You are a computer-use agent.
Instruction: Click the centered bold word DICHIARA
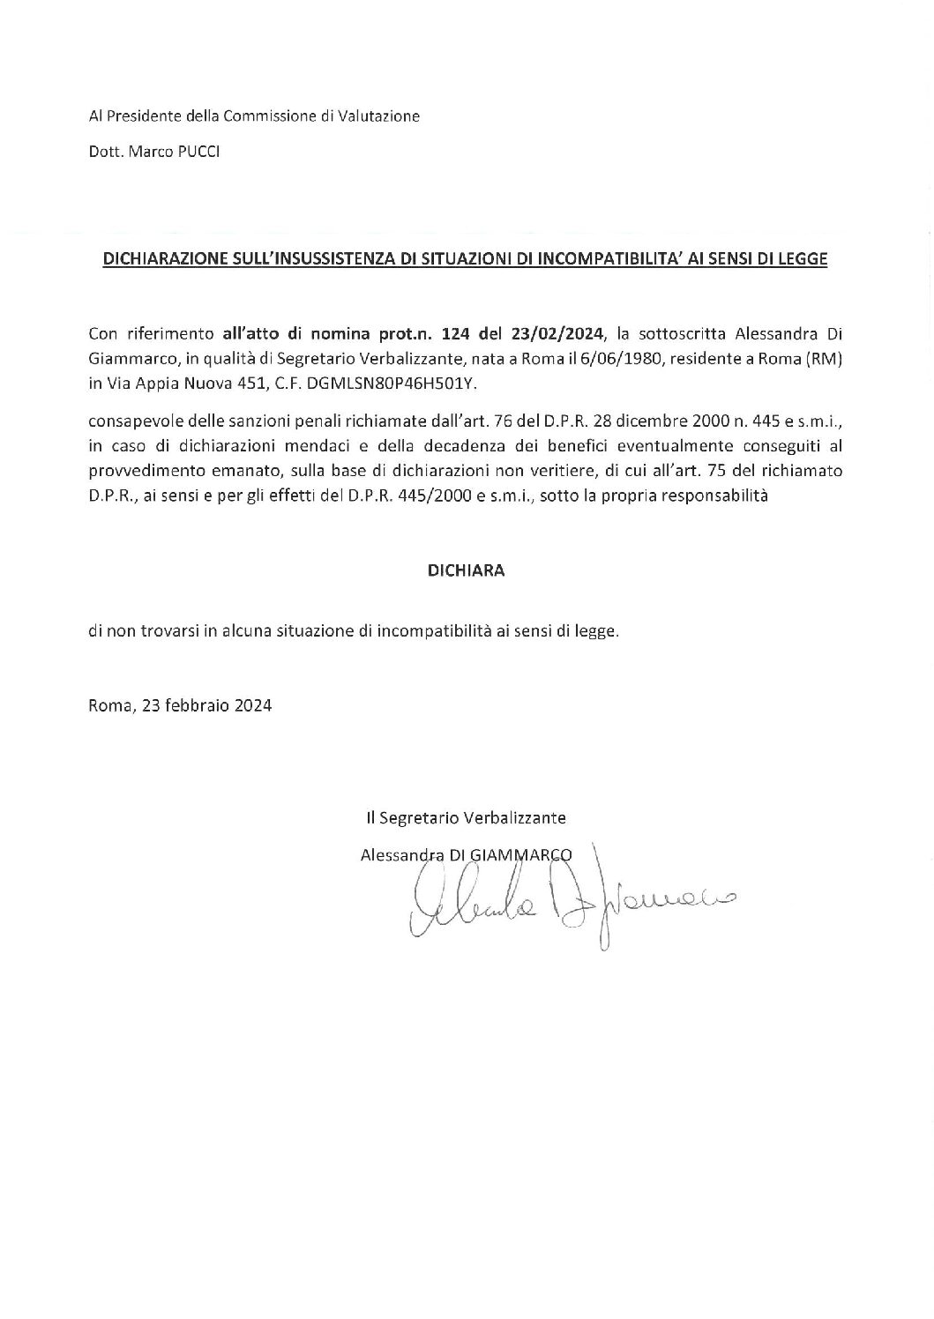coord(466,570)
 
